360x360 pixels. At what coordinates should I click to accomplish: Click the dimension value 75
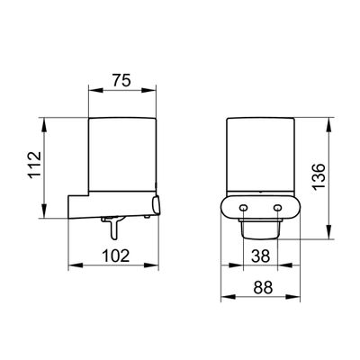pos(121,80)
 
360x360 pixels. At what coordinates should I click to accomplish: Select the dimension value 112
pos(34,166)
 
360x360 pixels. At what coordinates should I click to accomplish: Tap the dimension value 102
pos(116,256)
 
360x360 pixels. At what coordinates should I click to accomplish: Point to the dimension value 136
pos(319,177)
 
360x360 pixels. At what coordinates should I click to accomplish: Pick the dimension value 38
pos(260,256)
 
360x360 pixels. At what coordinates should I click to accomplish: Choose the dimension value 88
pos(263,287)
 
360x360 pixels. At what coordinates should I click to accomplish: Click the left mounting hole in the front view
pos(243,208)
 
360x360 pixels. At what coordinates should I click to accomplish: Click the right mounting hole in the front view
pos(278,208)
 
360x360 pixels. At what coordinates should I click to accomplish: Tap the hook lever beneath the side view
pos(112,227)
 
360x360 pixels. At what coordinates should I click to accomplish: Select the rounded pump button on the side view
pos(156,205)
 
